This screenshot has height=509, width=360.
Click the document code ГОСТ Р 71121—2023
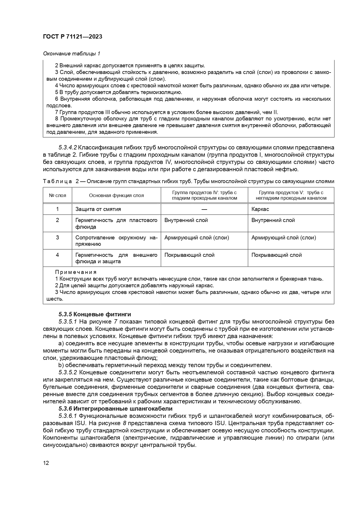(x=72, y=37)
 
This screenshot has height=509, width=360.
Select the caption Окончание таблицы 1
(x=71, y=54)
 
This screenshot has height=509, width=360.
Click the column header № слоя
(x=57, y=195)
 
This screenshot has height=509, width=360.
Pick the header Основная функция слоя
(x=116, y=195)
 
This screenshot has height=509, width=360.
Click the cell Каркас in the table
(x=260, y=209)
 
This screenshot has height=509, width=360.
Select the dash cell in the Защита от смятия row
(x=204, y=209)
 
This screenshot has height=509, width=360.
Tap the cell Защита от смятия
(x=98, y=209)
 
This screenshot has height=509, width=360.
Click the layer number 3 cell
(x=57, y=238)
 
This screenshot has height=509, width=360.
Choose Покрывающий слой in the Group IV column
(x=189, y=255)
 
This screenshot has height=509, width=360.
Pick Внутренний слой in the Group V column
(x=273, y=220)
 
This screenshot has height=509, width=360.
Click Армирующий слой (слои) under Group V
(x=283, y=238)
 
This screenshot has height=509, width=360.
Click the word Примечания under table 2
(x=76, y=272)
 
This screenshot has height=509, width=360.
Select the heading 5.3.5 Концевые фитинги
(x=95, y=314)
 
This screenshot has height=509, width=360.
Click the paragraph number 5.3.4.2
(x=68, y=147)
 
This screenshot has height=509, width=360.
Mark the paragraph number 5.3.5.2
(x=68, y=372)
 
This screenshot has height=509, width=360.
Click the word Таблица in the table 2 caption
(x=57, y=181)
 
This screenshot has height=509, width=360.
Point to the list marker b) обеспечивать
(x=61, y=365)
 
